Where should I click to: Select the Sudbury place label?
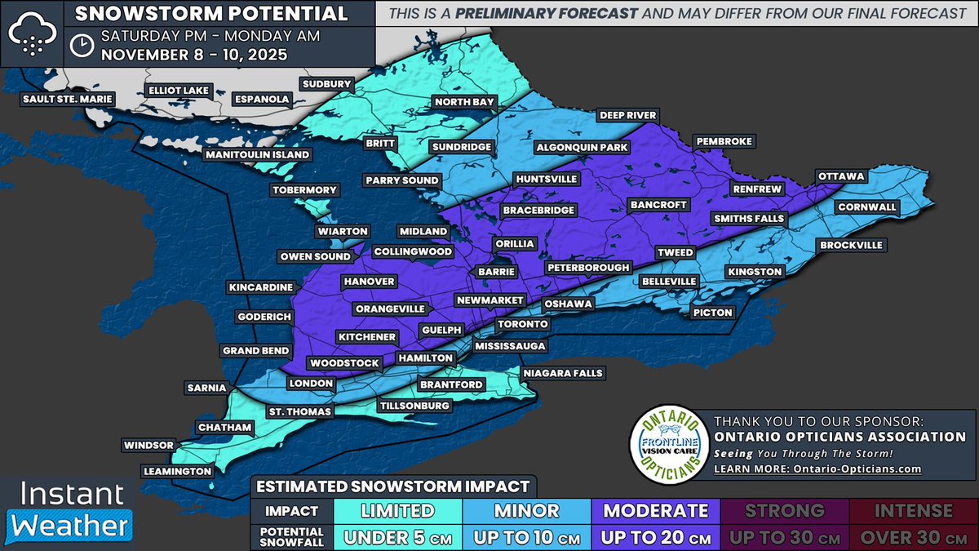[x=326, y=84]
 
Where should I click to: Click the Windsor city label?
[x=148, y=445]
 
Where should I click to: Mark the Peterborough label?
[x=587, y=267]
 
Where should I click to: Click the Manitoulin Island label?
[x=257, y=154]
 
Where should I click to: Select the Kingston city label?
[x=755, y=271]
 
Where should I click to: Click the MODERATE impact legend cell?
[x=655, y=511]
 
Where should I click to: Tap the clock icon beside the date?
[x=80, y=45]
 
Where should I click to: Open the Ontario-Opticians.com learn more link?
[x=817, y=469]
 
